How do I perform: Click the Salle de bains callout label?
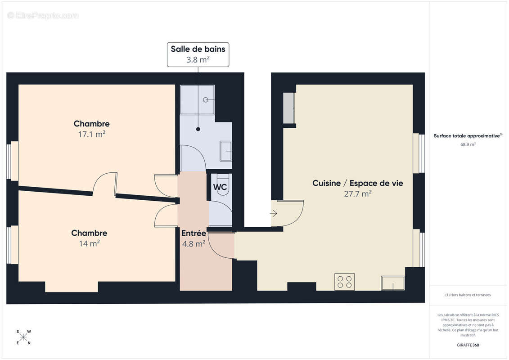coord(198,54)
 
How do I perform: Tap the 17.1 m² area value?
coord(91,134)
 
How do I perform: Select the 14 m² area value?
coord(89,243)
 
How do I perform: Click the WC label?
coord(220,187)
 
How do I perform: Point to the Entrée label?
coord(194,234)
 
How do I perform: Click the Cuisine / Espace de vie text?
coord(357,183)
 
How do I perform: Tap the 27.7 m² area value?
coord(358,194)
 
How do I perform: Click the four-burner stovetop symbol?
coord(344,282)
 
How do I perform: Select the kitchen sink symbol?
coord(392,283)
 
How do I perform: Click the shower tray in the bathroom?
coord(197,99)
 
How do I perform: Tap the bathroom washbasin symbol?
coord(226,151)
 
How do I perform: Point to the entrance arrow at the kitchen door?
coord(274,213)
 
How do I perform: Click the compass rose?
coord(23,337)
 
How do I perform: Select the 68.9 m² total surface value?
coord(468,144)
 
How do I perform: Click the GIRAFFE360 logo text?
coord(468,345)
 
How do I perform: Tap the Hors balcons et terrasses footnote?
coord(468,295)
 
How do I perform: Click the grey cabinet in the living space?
coord(288,108)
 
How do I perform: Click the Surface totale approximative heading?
coord(467,135)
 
